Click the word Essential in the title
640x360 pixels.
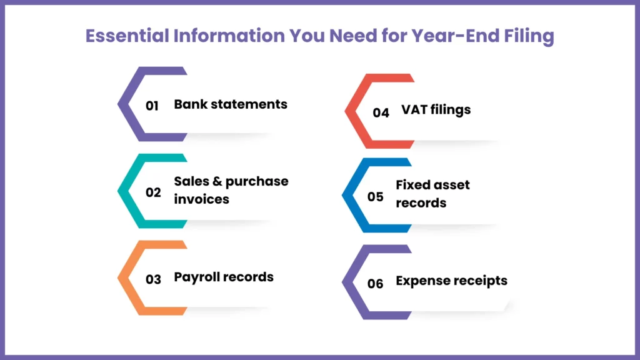tap(123, 36)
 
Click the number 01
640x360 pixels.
tap(152, 106)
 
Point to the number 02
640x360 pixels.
tap(153, 192)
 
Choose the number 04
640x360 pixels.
tap(381, 112)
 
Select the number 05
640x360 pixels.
tap(375, 197)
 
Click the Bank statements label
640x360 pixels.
tap(231, 104)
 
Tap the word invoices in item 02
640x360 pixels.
tap(201, 199)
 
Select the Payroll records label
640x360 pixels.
tap(224, 277)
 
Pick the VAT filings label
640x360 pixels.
tap(436, 110)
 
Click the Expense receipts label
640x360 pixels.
tap(451, 281)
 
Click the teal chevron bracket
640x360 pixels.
tap(127, 191)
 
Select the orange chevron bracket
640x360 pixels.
tap(127, 278)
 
